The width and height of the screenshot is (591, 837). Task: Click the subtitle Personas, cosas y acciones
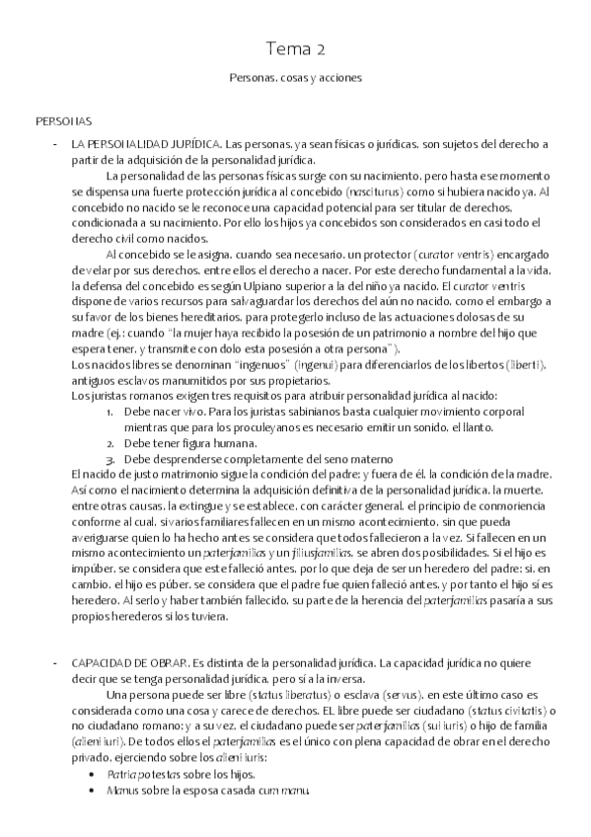coord(296,76)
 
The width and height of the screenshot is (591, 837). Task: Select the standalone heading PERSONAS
coord(62,121)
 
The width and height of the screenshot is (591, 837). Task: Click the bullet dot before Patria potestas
coord(93,776)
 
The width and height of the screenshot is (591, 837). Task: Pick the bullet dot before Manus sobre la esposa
coord(93,792)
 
